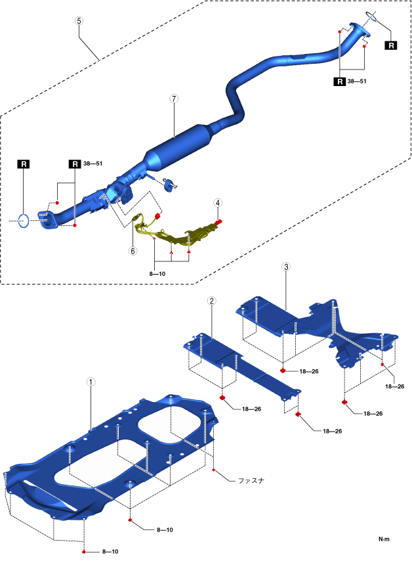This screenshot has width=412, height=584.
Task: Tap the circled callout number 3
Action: click(x=286, y=267)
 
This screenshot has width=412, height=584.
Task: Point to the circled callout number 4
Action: click(x=217, y=204)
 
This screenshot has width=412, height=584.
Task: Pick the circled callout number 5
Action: click(x=79, y=20)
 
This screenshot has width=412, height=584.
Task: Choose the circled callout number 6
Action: click(x=133, y=250)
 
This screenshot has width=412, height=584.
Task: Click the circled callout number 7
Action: click(x=174, y=99)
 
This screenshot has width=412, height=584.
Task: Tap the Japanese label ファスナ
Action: click(x=250, y=480)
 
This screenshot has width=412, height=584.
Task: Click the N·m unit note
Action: click(x=384, y=539)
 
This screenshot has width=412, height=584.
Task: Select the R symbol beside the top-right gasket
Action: click(x=391, y=45)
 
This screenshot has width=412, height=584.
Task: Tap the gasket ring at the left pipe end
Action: click(x=23, y=219)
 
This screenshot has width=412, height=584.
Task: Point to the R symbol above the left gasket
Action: click(x=23, y=164)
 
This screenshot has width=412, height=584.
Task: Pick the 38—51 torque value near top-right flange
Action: click(x=357, y=81)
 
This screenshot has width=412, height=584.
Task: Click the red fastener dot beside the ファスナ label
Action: click(x=215, y=470)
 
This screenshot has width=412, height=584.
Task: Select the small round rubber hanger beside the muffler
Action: click(x=169, y=186)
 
